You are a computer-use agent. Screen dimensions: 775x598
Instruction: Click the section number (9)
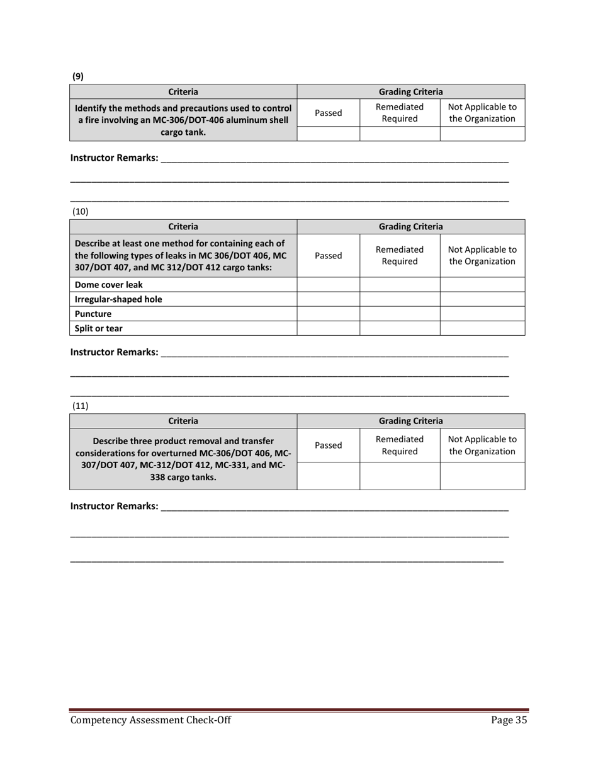coord(77,76)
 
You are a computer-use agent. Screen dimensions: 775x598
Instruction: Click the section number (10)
coord(81,212)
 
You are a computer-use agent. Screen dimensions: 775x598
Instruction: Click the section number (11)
coord(81,406)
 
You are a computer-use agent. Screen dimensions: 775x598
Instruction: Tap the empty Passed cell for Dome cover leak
coord(328,284)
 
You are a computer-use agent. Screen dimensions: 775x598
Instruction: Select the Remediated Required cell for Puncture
coord(400,313)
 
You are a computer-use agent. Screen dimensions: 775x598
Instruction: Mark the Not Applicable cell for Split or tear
coord(482,328)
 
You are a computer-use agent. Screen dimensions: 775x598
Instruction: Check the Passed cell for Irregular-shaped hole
coord(328,299)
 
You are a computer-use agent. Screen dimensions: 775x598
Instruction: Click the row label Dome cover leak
coord(109,284)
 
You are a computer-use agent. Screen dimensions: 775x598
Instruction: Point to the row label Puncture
coord(93,313)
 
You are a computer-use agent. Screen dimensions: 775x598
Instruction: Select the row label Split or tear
coord(99,328)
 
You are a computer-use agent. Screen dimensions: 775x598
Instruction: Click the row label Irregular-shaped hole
coord(118,299)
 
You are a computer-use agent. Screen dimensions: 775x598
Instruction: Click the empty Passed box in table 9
coord(328,133)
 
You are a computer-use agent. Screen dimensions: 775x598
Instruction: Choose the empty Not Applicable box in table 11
coord(482,475)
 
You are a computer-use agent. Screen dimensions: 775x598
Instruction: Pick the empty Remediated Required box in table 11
coord(400,475)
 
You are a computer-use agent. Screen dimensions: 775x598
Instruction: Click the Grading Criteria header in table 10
coord(410,226)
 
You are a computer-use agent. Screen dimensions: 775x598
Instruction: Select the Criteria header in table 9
coord(183,91)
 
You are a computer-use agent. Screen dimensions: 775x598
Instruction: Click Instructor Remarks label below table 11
coord(114,505)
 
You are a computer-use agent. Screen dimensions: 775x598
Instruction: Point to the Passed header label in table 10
coord(328,255)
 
